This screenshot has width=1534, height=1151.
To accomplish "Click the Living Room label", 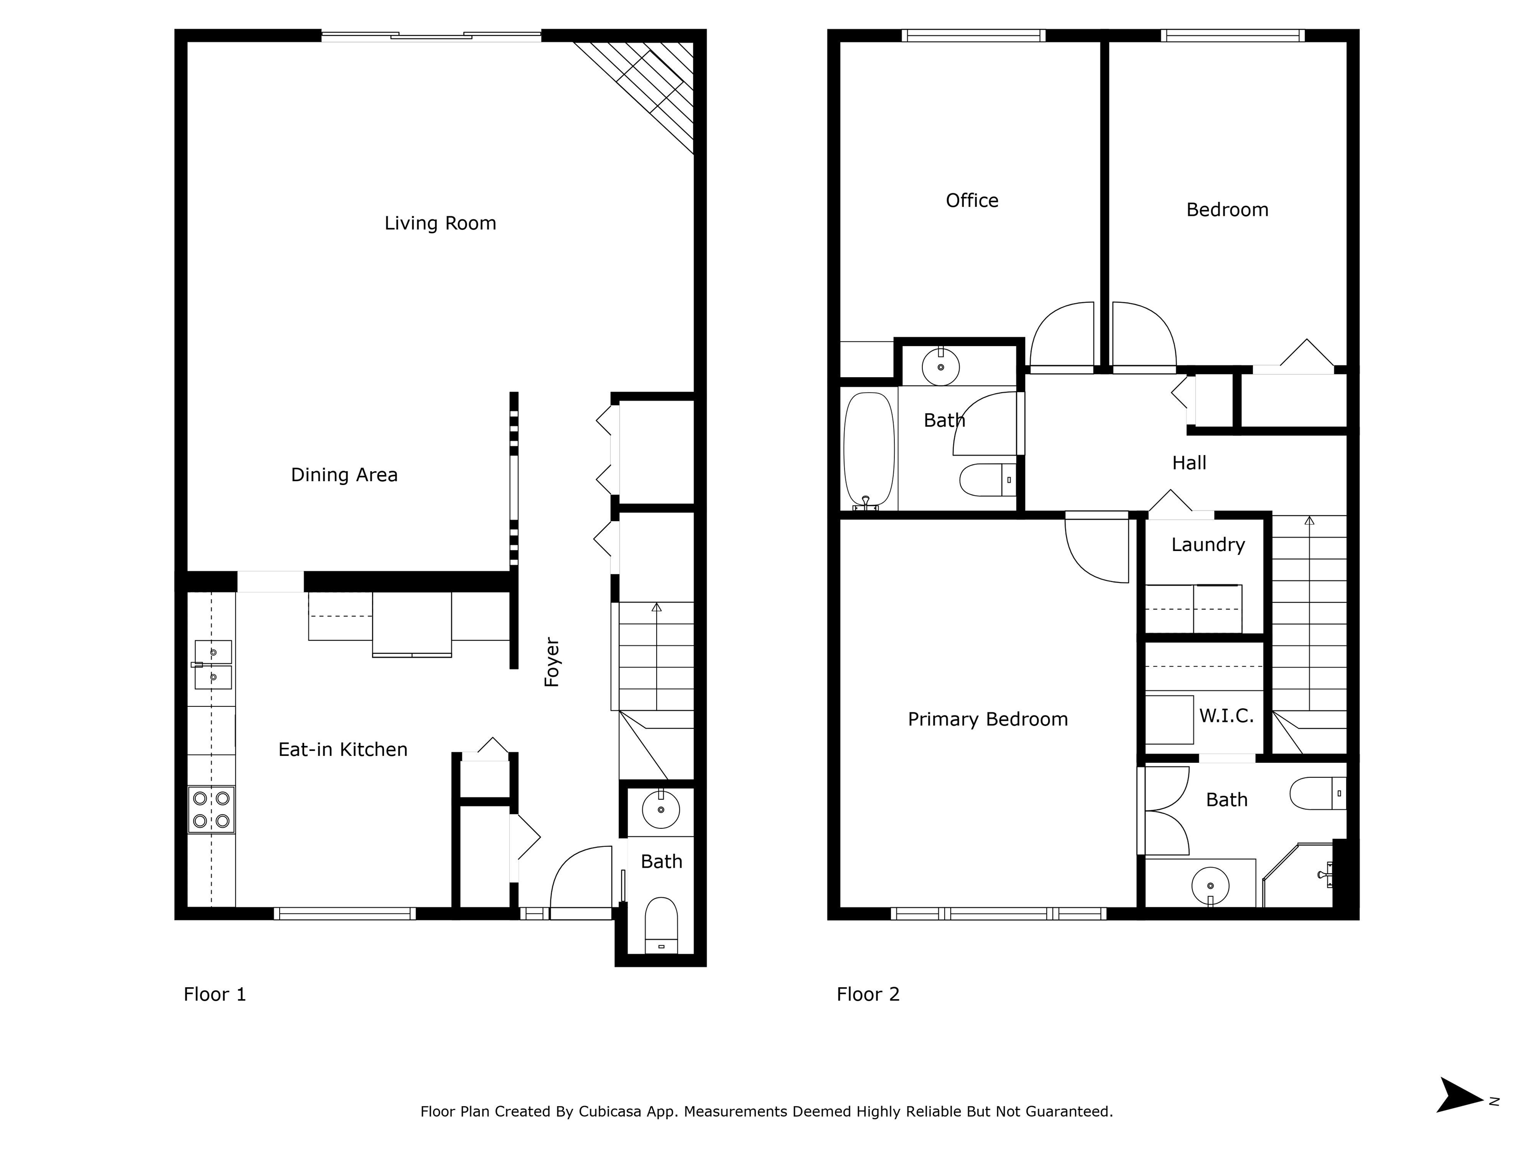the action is [x=440, y=223].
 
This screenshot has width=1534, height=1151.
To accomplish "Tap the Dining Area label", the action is [x=344, y=475].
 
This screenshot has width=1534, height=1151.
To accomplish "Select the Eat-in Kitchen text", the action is [x=343, y=749].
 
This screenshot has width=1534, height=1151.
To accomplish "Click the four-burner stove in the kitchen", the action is [x=211, y=810].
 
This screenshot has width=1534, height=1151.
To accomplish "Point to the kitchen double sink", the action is [x=212, y=664].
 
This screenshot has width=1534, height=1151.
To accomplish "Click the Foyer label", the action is [x=552, y=662].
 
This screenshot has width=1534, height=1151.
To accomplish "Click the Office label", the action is [x=972, y=200].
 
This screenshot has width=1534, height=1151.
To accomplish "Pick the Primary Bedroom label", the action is [x=988, y=719].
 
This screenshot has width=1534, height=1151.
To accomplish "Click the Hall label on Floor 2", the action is [x=1189, y=463].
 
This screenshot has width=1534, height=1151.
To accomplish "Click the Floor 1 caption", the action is [x=215, y=994].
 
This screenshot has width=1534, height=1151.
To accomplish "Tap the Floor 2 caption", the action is [x=868, y=994].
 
